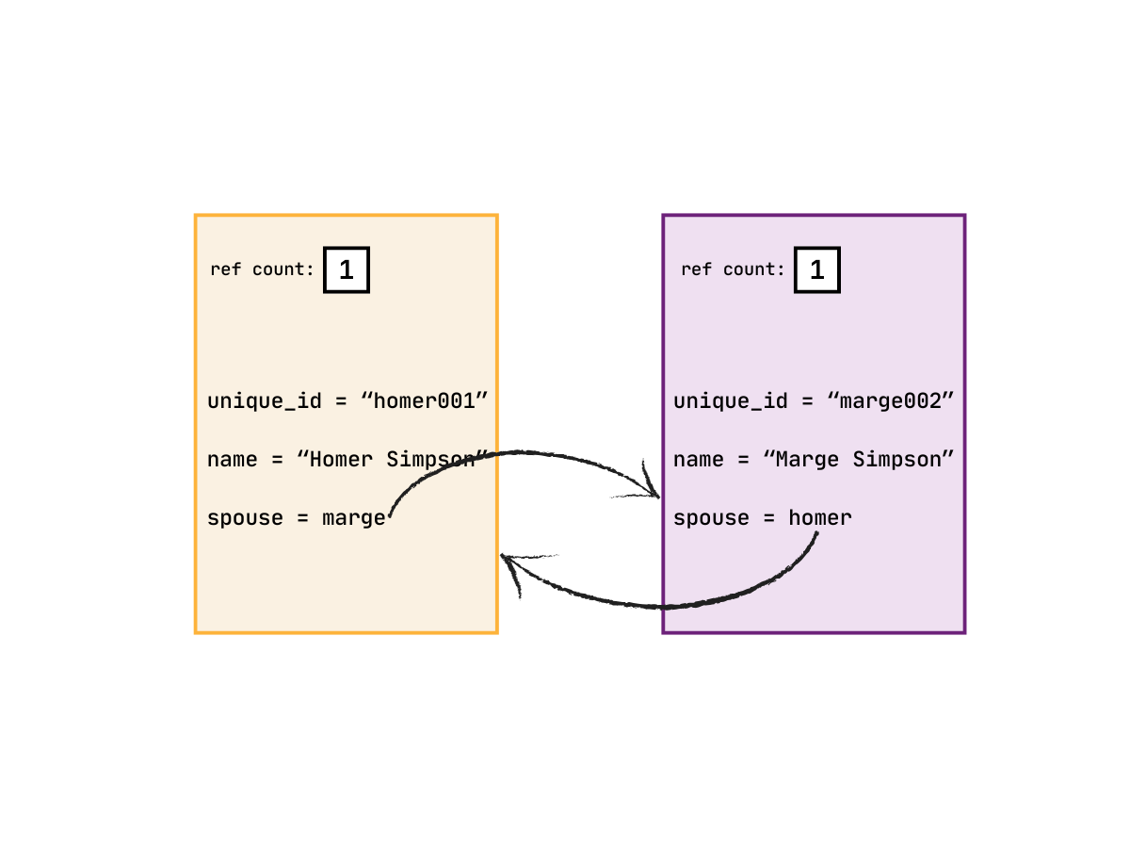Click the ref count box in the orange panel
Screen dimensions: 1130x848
coord(347,270)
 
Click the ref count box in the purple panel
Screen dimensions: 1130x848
coord(817,270)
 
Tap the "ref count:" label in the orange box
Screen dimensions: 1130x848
coord(262,269)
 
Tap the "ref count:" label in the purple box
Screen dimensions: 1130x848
coord(733,269)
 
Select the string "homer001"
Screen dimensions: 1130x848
coord(426,400)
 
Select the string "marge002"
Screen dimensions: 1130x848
coord(891,400)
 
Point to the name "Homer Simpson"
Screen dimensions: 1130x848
coord(393,460)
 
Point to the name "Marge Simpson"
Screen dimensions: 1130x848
coord(859,460)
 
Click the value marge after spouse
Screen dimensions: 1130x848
coord(354,518)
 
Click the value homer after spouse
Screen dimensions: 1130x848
coord(820,518)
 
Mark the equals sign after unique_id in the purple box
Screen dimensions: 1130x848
coord(806,401)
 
